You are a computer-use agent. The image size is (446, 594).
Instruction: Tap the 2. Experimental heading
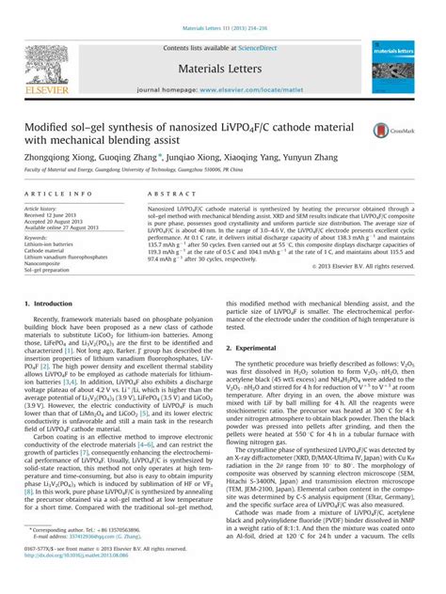pyautogui.click(x=259, y=348)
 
